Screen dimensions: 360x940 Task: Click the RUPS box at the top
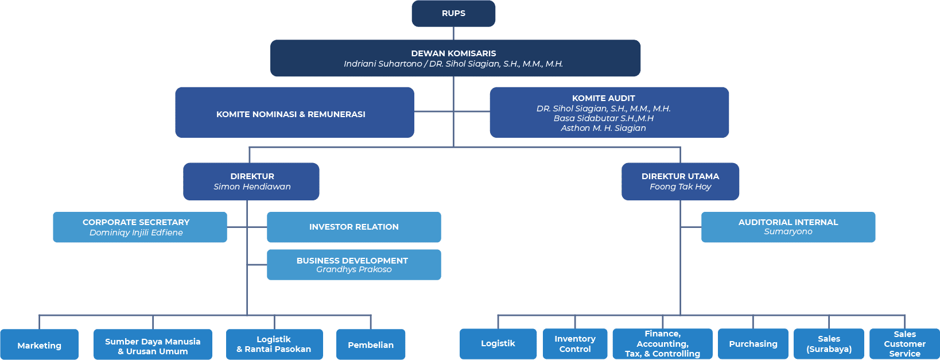coord(453,13)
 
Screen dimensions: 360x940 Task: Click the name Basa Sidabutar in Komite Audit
coord(603,118)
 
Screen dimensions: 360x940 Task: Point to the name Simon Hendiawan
coord(252,187)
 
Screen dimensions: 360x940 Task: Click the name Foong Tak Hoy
coord(680,187)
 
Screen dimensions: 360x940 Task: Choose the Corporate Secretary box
coord(139,227)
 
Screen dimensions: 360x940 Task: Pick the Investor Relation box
coord(354,227)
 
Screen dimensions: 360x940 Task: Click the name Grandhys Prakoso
coord(354,269)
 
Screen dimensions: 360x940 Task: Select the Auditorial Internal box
coord(788,227)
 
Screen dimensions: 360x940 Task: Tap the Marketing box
coord(39,345)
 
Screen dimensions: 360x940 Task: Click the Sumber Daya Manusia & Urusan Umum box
coord(153,346)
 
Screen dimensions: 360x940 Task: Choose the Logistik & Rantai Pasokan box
coord(274,344)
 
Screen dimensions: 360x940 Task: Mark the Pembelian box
coord(371,344)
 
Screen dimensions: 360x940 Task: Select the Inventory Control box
coord(574,343)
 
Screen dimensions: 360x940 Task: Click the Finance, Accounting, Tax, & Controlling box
coord(662,343)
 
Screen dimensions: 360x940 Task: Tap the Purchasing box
coord(753,343)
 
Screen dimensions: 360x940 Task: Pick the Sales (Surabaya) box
coord(829,343)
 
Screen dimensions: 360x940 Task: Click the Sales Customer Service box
coord(904,343)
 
